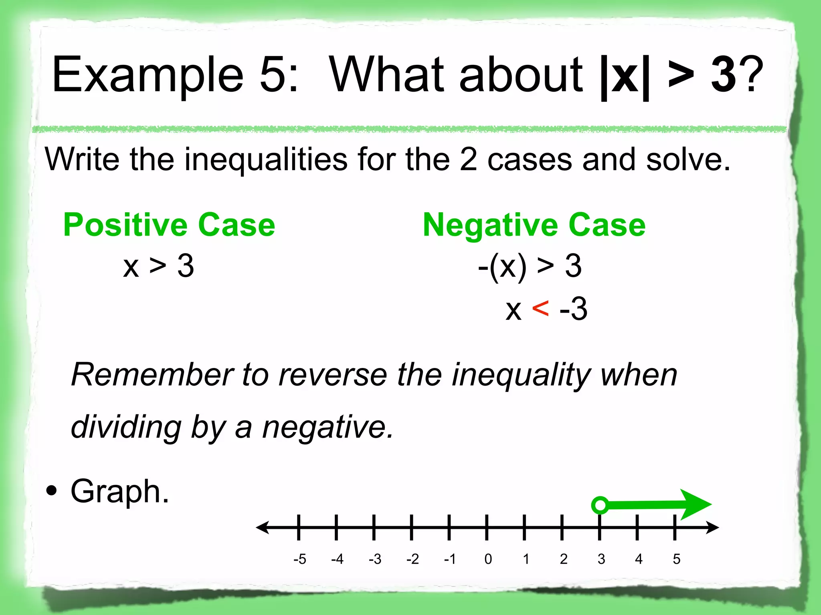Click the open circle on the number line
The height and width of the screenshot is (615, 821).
(600, 505)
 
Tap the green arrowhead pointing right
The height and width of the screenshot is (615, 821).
(696, 504)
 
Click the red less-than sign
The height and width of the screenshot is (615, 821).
(540, 309)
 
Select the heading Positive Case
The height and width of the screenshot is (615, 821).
(169, 225)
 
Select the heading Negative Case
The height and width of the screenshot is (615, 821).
(534, 225)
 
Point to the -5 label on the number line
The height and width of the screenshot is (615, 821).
(299, 559)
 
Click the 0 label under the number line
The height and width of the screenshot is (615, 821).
(488, 559)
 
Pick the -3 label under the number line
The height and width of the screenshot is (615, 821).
(375, 559)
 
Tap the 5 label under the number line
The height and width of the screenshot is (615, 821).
(677, 559)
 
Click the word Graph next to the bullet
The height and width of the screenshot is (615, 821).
(119, 491)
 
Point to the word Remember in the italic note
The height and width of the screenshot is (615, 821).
(152, 375)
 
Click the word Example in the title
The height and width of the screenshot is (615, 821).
(148, 75)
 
